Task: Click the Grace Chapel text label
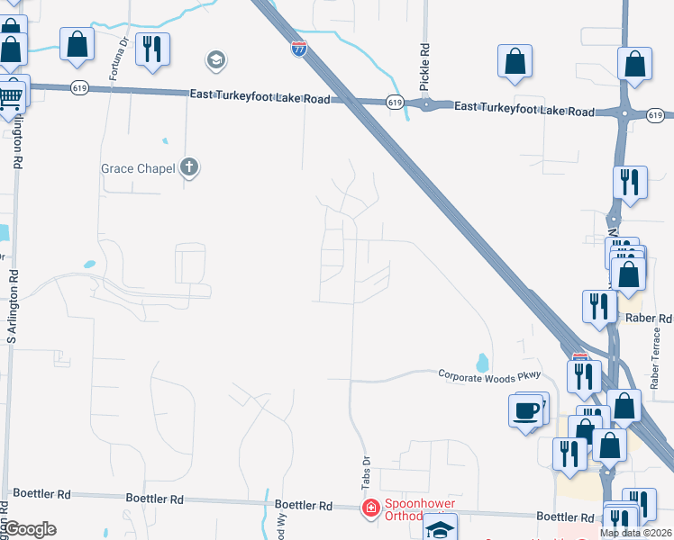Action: pos(138,167)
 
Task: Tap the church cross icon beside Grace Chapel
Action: pos(188,166)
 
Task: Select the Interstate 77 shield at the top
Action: pos(298,49)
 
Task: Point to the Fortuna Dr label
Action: pos(115,58)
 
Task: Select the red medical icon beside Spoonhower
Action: pos(370,509)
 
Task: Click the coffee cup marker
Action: pos(526,413)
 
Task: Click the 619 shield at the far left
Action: pos(56,87)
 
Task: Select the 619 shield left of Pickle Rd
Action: pos(394,103)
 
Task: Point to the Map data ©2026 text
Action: pos(636,533)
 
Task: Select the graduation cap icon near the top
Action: pos(215,60)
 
